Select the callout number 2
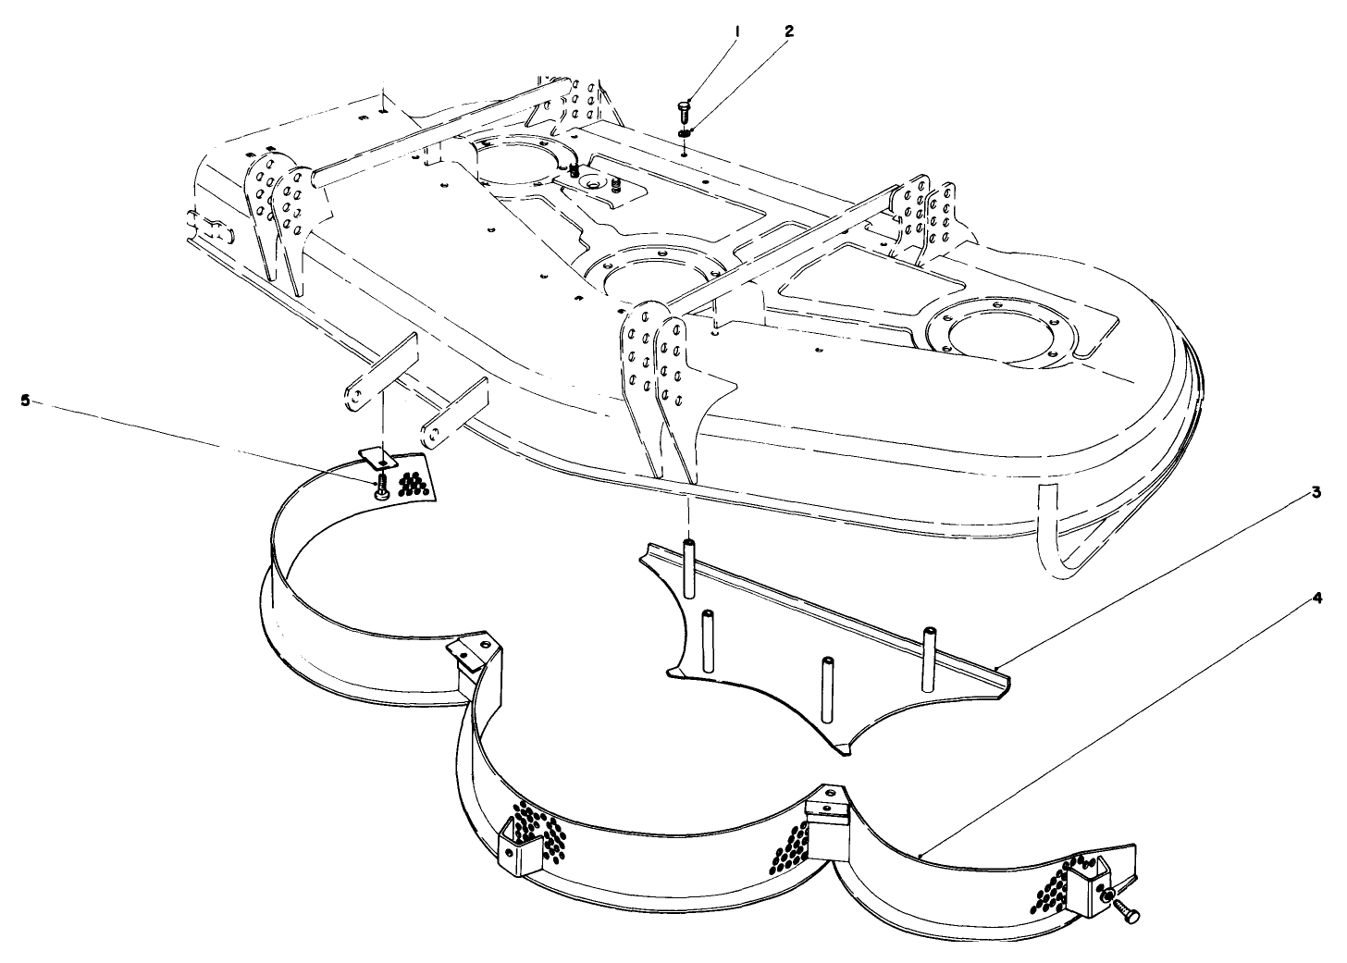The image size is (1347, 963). tap(788, 31)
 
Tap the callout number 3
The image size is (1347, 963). tap(1316, 493)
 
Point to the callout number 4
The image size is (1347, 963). tap(1316, 598)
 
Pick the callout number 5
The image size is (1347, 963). tap(26, 400)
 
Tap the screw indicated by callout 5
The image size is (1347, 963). tap(380, 489)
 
